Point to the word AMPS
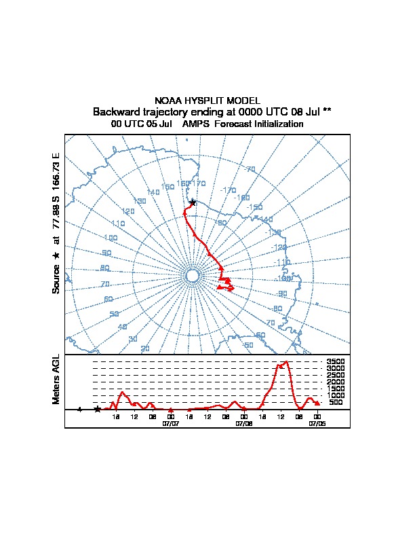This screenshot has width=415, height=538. [197, 124]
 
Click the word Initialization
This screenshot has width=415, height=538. [277, 124]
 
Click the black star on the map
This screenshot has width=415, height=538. [193, 202]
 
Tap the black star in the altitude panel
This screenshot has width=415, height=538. [97, 410]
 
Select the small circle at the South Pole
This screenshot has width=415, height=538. [192, 275]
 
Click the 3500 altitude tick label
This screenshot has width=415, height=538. [336, 362]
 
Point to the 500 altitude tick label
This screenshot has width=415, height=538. [336, 402]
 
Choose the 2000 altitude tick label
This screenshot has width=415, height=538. [336, 382]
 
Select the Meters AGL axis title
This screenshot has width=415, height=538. [56, 379]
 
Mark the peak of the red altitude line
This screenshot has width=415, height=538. [287, 362]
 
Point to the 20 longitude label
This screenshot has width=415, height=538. [144, 348]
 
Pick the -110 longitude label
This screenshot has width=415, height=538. [281, 262]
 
